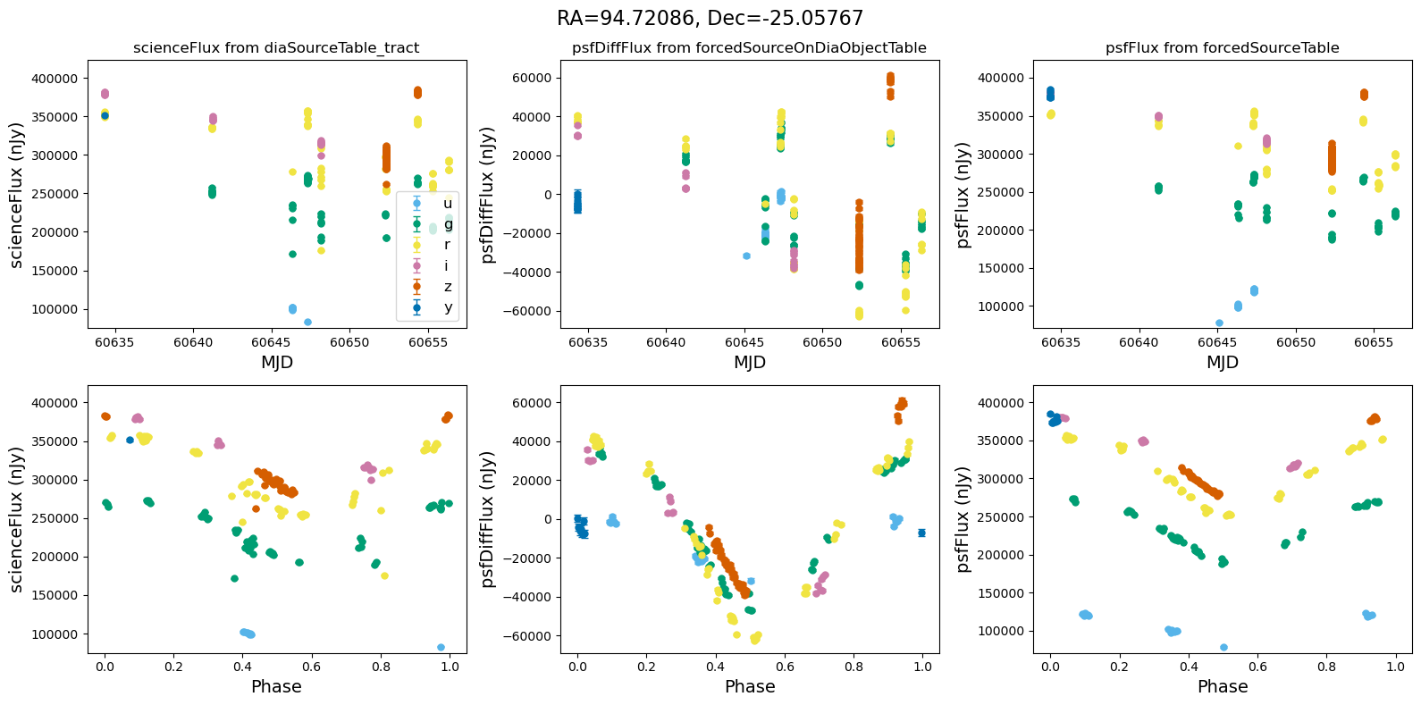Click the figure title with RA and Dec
tap(710, 19)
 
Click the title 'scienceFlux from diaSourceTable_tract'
tap(276, 48)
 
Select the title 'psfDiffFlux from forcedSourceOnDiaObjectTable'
tap(749, 48)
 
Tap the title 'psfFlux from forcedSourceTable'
tap(1222, 48)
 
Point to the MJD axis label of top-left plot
tap(276, 362)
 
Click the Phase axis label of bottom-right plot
tap(1222, 686)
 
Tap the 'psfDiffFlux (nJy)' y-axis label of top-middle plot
tap(488, 195)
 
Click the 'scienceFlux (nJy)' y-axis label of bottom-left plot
tap(16, 519)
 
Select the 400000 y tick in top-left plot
tap(54, 79)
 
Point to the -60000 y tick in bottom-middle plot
tap(526, 635)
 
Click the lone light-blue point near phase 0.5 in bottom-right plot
tap(1223, 647)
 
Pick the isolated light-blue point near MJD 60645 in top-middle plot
tap(746, 256)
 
